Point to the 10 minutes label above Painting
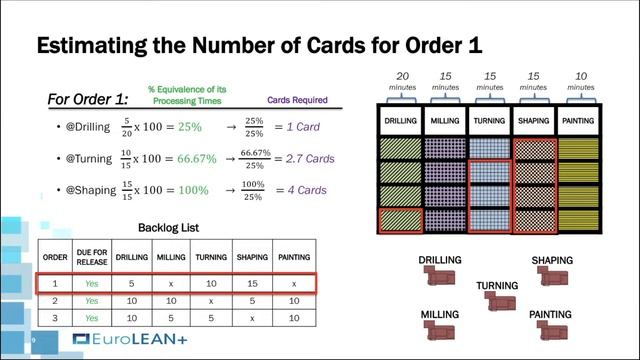point(581,81)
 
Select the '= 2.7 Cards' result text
point(306,159)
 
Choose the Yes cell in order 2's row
point(92,300)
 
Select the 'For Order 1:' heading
point(87,100)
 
